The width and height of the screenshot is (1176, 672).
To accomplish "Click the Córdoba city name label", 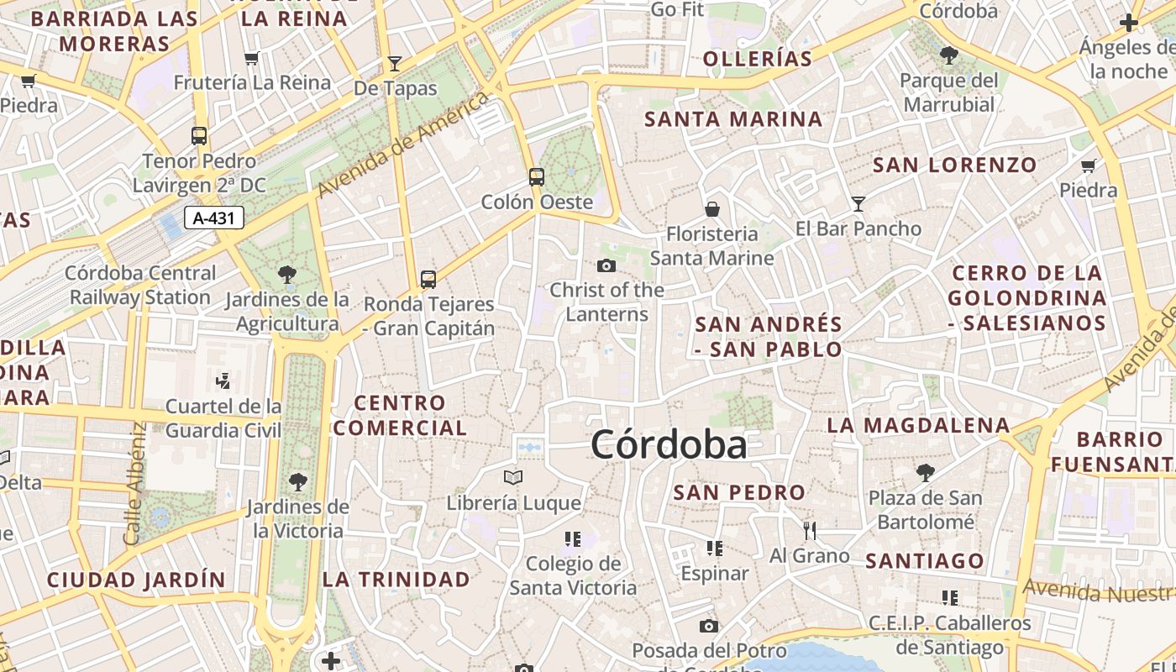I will (x=669, y=444).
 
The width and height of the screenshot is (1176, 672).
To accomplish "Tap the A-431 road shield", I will (x=214, y=218).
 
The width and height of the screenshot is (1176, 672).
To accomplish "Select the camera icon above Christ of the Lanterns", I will (x=606, y=266).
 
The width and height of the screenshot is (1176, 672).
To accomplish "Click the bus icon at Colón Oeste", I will (x=536, y=177).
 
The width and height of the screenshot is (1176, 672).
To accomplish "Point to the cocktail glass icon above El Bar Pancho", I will (x=858, y=203).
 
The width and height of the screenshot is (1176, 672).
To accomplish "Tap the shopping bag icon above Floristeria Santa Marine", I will (x=712, y=208).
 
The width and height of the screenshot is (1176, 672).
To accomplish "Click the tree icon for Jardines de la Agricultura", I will (x=286, y=274).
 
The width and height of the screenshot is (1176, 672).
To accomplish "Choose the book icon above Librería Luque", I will (x=512, y=477).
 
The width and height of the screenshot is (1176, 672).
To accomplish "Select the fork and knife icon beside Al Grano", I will (x=810, y=530).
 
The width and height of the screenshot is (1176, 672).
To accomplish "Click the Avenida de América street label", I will (x=403, y=144).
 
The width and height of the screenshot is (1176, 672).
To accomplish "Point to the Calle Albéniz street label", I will (x=135, y=483).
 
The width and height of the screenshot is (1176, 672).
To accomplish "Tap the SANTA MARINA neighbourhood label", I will (x=733, y=119).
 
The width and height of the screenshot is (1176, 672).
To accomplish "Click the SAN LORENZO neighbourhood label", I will (x=955, y=165).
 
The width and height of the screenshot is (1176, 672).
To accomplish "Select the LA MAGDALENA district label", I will (x=918, y=425).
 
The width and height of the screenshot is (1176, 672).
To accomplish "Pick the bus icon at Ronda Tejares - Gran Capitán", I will (x=428, y=279).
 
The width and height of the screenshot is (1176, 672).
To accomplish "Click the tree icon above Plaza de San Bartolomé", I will (x=925, y=473).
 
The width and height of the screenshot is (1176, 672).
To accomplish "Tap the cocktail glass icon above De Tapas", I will (x=394, y=63).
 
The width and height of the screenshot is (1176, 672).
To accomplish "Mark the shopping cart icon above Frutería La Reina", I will (x=251, y=58).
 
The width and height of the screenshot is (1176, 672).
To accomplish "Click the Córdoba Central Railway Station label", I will (x=140, y=285).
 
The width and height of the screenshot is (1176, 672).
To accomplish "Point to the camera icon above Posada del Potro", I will (x=709, y=626).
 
